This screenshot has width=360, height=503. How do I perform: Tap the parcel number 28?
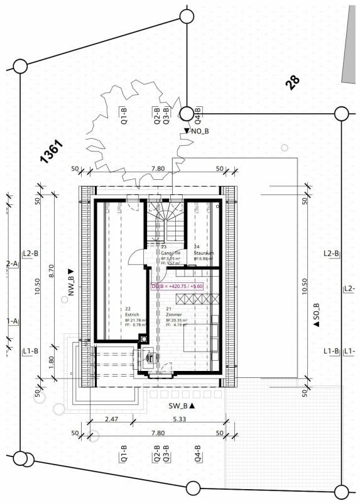point(292,83)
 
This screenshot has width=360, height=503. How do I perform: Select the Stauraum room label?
point(204,253)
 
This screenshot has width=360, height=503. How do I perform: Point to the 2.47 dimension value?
point(112,419)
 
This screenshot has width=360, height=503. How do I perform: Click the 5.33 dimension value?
point(178,419)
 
